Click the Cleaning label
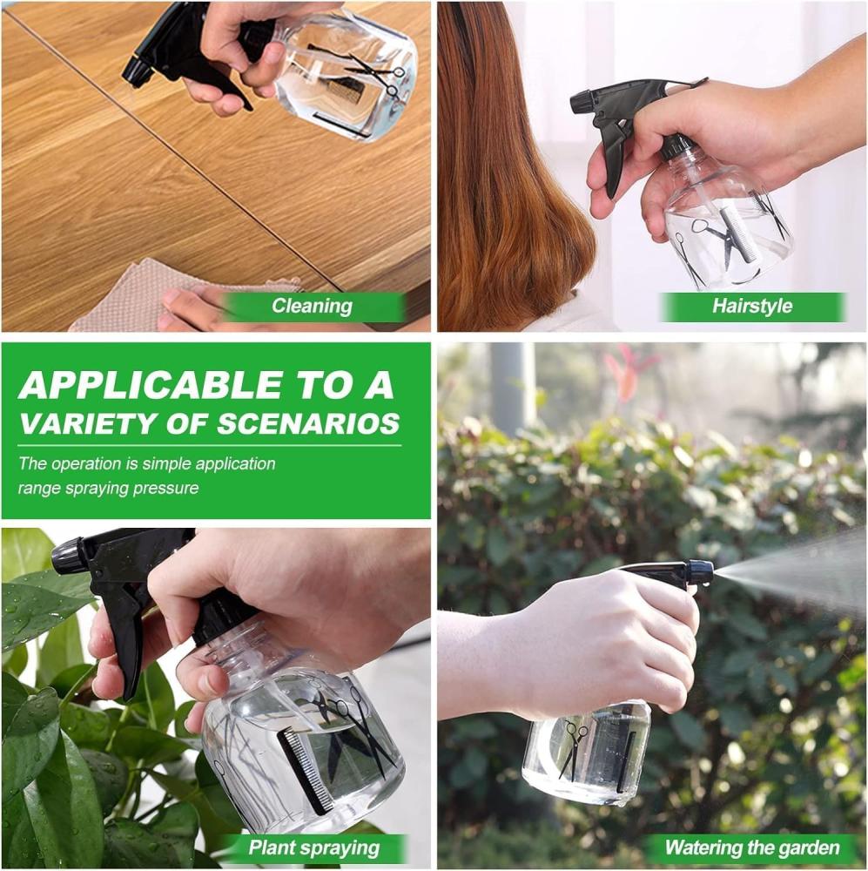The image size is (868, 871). click(x=312, y=306)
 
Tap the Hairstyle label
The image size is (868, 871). click(x=752, y=306)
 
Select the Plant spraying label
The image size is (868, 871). click(x=313, y=847)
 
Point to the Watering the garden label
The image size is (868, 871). click(x=752, y=847)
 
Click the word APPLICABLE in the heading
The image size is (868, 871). click(x=151, y=384)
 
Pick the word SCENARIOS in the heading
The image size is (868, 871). click(x=308, y=423)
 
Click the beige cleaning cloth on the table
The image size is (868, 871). click(x=183, y=294)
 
